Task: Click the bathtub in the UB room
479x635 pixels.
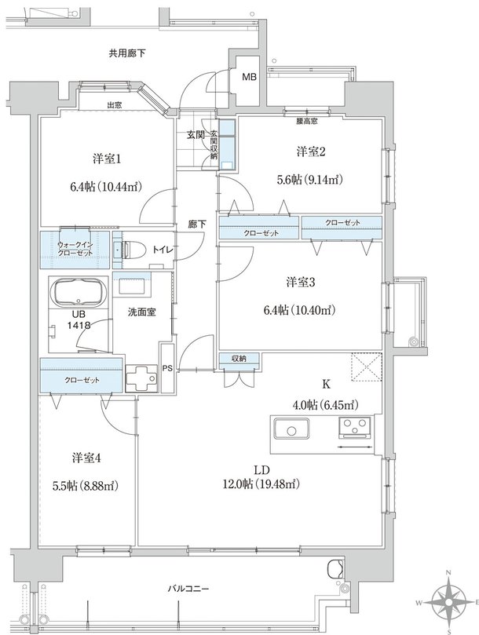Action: tap(78, 292)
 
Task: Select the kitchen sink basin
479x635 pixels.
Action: tap(291, 429)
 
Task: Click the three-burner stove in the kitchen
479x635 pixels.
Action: tap(355, 427)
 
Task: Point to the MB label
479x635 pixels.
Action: tap(249, 77)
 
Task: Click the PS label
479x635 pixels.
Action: tap(167, 369)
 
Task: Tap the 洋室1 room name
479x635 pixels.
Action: tap(107, 159)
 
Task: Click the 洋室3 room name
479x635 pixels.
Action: tap(301, 283)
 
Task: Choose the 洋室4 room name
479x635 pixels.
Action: tap(86, 458)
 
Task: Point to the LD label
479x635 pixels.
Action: tap(261, 470)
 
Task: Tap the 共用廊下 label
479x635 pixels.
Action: tap(127, 53)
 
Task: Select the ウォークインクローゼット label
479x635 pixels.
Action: tap(75, 249)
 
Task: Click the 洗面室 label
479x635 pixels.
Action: tap(142, 312)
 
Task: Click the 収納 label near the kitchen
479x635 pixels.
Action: tap(239, 358)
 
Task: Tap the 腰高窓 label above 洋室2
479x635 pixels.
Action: tap(307, 121)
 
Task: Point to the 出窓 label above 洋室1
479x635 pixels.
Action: tap(115, 105)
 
